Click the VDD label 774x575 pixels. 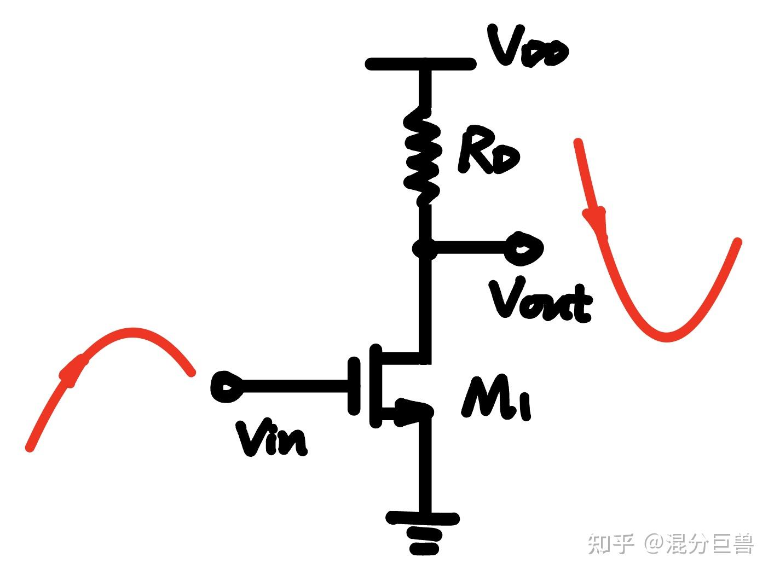529,48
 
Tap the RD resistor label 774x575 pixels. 488,150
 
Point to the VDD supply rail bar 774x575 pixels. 420,64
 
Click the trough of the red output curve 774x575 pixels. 666,335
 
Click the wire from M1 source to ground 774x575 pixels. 424,465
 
